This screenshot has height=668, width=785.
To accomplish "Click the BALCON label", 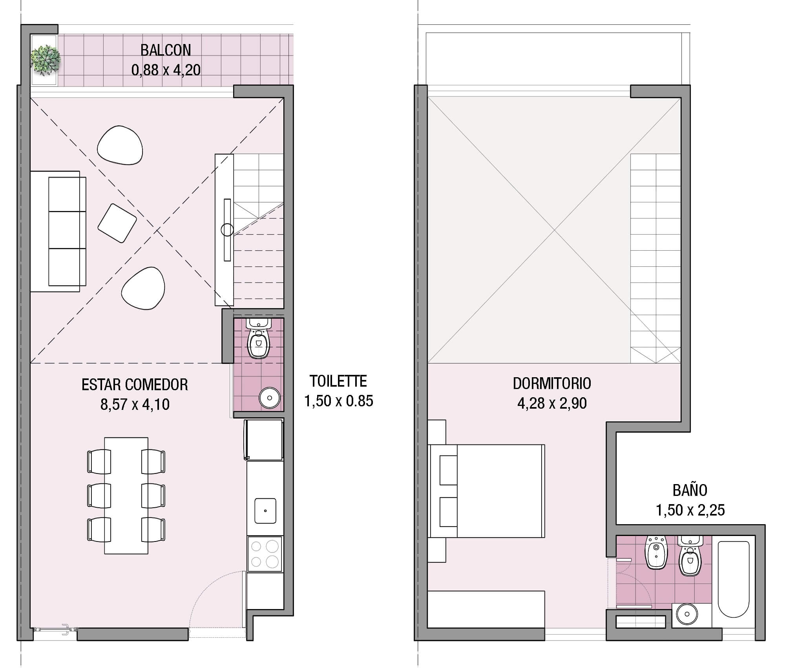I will [x=166, y=50].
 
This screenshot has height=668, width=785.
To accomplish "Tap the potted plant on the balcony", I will [x=46, y=60].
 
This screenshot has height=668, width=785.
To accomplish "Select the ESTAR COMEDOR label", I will [x=135, y=385].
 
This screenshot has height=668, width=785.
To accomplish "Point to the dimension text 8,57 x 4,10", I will [x=135, y=404].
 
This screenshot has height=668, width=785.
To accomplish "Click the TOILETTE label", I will [x=338, y=381].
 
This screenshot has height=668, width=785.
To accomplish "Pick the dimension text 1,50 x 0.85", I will [x=338, y=401].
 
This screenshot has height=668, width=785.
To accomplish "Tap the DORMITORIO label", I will [x=552, y=383].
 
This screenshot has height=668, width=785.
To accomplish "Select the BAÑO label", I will [x=690, y=490].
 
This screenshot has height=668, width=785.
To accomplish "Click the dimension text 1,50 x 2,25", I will [x=690, y=510].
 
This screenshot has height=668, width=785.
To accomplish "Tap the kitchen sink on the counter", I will [x=265, y=511].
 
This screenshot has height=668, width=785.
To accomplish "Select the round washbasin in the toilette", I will [x=270, y=398].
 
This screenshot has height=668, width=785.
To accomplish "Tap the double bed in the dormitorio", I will [x=487, y=491].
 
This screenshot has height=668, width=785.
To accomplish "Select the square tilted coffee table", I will [x=117, y=223].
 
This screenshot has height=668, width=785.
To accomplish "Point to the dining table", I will [x=126, y=495].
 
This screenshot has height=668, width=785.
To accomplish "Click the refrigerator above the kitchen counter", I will [x=264, y=439].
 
